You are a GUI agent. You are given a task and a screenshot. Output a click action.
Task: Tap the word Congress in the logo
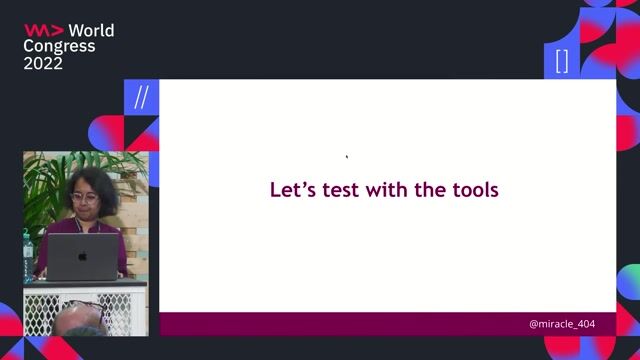coord(60,46)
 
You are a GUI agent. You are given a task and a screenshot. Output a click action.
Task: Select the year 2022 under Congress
coord(43,63)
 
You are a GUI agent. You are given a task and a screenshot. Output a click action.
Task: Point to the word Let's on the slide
coord(292,189)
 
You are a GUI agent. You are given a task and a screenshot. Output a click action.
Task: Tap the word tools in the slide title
coord(475,189)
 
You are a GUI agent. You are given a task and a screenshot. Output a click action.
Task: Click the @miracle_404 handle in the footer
coord(565,325)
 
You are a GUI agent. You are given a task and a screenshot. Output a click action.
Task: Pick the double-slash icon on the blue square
coord(141,98)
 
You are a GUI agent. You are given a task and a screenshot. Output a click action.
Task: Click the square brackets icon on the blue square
coord(562,61)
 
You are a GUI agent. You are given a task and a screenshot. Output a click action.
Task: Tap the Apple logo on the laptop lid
coord(82,257)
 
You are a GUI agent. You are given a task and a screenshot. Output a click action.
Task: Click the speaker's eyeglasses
coord(84,198)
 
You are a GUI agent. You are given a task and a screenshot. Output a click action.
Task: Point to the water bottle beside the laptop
coord(29,247)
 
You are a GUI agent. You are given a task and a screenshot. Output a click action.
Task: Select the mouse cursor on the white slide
coord(347,156)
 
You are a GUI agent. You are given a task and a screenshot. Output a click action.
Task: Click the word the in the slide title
coord(433,189)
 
